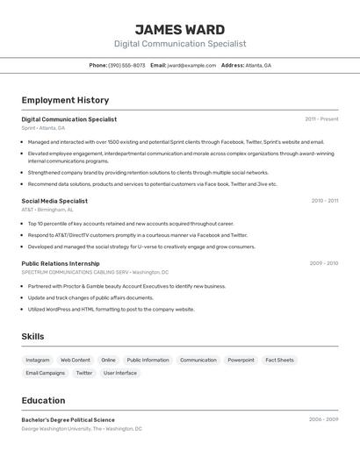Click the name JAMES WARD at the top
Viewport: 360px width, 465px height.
[x=179, y=29]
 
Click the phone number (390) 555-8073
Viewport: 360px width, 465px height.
[x=126, y=65]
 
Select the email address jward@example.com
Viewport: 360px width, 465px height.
[x=191, y=65]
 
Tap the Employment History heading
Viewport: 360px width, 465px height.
[x=65, y=100]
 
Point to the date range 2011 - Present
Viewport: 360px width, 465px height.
[x=321, y=118]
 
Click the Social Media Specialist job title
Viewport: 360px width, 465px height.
[x=54, y=201]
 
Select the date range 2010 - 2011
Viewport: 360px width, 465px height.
[x=324, y=201]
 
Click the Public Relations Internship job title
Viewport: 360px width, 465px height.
[x=61, y=263]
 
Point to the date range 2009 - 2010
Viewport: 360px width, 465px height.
[x=323, y=263]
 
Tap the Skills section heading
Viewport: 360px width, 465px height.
[x=32, y=336]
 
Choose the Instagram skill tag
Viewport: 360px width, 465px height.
[x=38, y=360]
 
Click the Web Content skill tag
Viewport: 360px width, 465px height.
[x=76, y=360]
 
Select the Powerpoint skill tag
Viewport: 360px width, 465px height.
[x=241, y=360]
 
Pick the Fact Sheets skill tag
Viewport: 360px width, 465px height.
[x=279, y=360]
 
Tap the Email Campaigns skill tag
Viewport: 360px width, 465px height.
[x=46, y=373]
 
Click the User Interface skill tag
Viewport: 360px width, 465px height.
[x=120, y=373]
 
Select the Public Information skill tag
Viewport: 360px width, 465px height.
[x=148, y=360]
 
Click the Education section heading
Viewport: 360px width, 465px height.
[x=43, y=400]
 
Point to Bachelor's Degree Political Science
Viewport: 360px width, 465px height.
[x=68, y=419]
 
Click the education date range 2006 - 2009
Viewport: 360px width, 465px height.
[x=323, y=419]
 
